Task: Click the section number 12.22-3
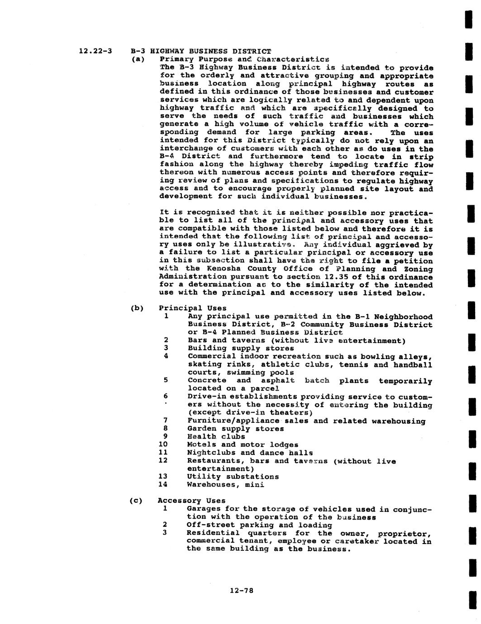(95, 51)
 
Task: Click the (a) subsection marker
(137, 59)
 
